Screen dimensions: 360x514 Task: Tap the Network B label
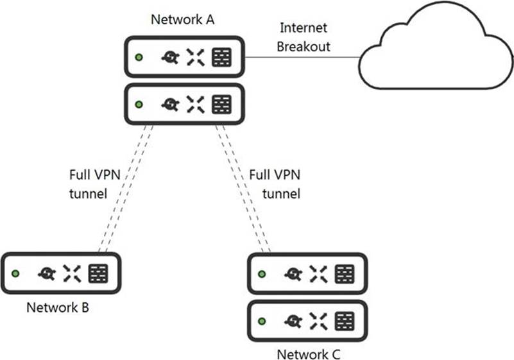(x=57, y=307)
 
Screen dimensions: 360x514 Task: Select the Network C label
(x=307, y=354)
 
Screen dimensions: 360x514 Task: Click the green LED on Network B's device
(x=15, y=273)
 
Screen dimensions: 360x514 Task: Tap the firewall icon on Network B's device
(x=99, y=273)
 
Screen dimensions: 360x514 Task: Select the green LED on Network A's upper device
(x=138, y=58)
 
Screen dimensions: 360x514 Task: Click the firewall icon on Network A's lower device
(x=221, y=103)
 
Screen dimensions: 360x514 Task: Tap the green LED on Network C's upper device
(x=261, y=274)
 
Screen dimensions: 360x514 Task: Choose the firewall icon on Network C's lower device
(x=345, y=320)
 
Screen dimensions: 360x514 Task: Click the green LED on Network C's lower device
(x=261, y=320)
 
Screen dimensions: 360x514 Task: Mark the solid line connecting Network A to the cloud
(x=302, y=57)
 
